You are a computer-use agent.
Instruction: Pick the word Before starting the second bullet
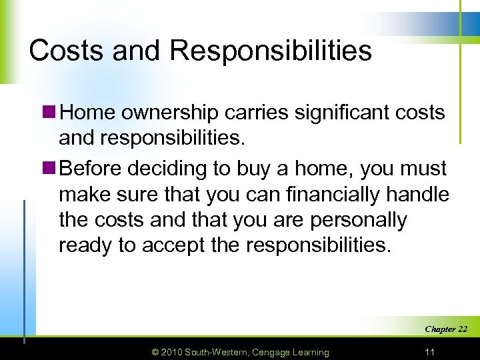pos(92,169)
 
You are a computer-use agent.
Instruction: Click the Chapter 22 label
pos(445,329)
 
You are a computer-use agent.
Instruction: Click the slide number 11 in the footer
pos(430,351)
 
